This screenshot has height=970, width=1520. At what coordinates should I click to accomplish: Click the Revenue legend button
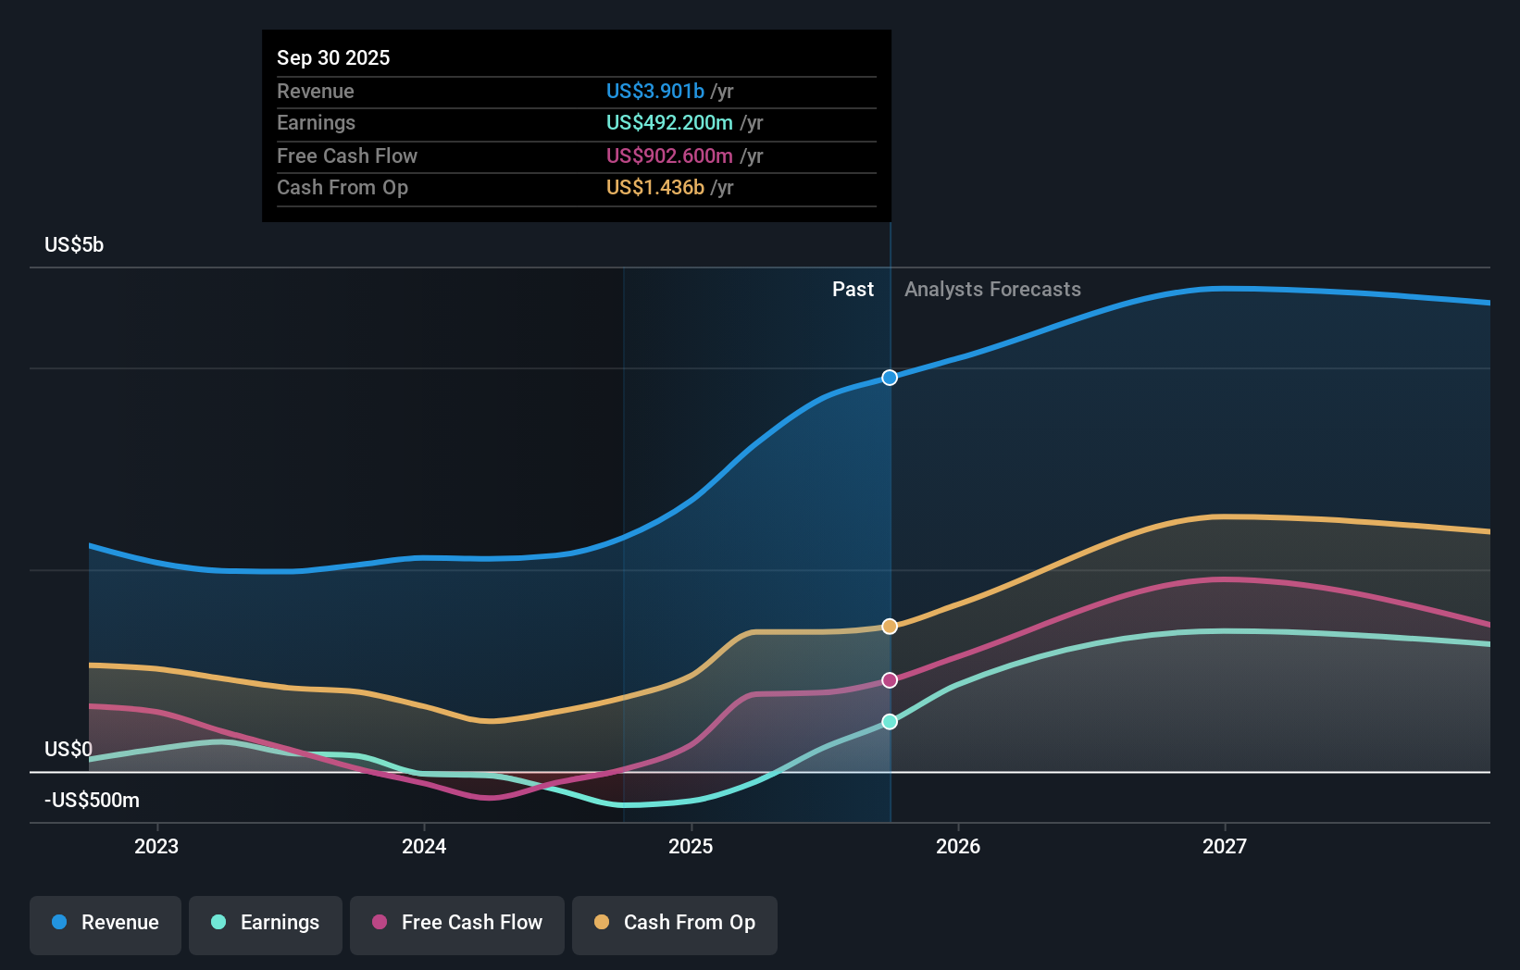(x=106, y=923)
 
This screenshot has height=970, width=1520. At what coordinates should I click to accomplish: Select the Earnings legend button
(x=266, y=923)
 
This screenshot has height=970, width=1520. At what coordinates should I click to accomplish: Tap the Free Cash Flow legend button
(x=457, y=923)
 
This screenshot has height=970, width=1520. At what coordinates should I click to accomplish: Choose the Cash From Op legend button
(x=675, y=923)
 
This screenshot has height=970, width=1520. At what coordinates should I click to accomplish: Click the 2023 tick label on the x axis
(x=156, y=846)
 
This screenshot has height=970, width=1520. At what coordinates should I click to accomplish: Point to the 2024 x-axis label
(x=424, y=846)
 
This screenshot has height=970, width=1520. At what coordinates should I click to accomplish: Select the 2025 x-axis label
(x=691, y=846)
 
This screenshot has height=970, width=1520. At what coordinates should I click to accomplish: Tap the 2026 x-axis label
(x=958, y=846)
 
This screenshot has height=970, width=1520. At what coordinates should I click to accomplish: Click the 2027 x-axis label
(x=1225, y=846)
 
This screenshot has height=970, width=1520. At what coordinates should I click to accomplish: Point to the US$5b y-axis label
(x=74, y=245)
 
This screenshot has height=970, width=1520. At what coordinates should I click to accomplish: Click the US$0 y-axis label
(x=69, y=749)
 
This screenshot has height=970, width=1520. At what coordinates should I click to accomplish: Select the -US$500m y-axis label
(x=92, y=800)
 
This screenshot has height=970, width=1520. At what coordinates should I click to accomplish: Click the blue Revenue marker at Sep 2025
(x=890, y=378)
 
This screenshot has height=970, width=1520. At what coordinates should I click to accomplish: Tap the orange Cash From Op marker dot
(x=890, y=627)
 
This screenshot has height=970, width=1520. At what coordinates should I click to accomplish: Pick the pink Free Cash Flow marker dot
(x=890, y=680)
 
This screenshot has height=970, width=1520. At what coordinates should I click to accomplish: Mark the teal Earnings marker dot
(x=890, y=722)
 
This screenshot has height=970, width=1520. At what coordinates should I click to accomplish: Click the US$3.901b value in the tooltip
(x=654, y=91)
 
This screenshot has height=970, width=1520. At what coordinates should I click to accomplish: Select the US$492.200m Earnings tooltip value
(x=669, y=123)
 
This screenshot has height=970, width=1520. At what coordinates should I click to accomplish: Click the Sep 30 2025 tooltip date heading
(x=333, y=57)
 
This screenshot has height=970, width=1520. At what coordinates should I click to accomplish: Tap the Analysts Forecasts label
(x=992, y=290)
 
